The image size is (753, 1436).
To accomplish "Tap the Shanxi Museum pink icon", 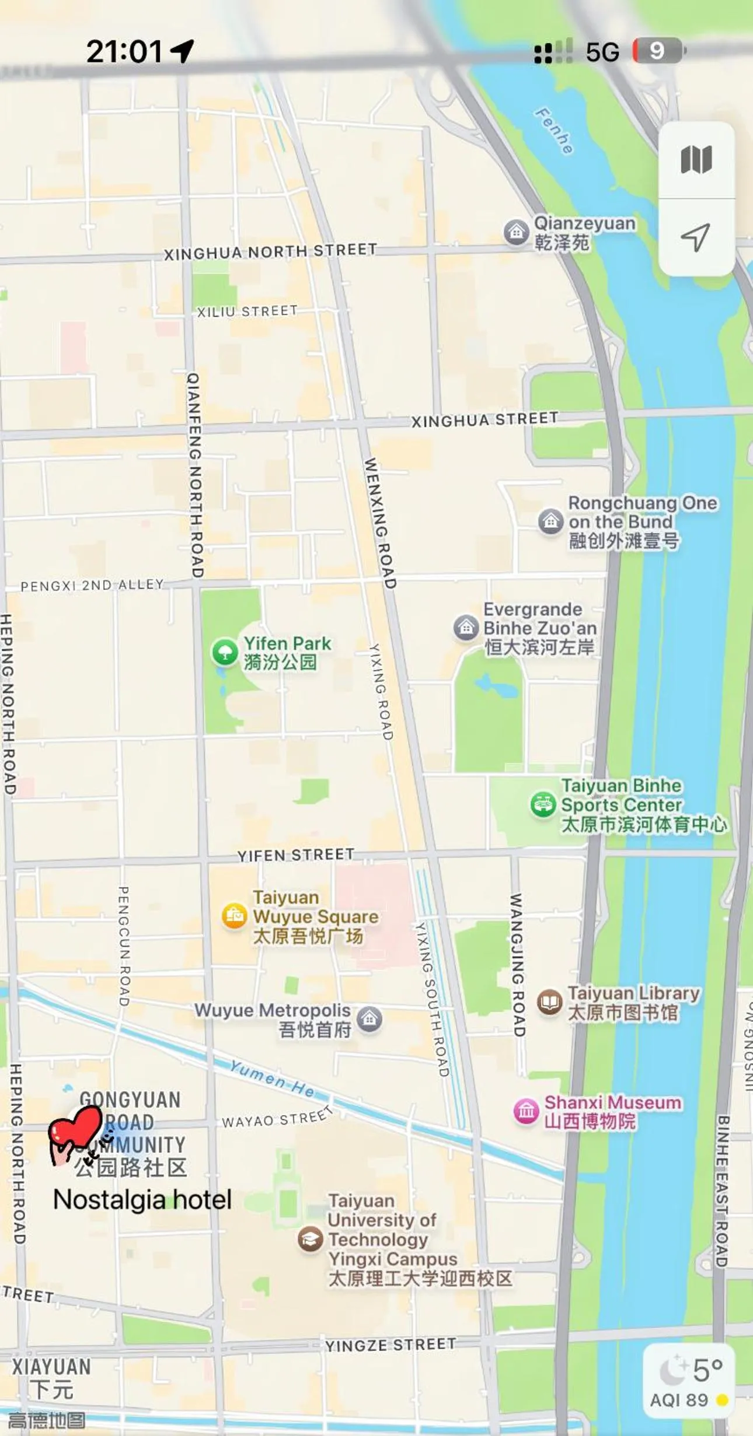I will click(x=526, y=1111).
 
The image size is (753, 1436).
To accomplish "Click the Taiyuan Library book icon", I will click(x=549, y=1002).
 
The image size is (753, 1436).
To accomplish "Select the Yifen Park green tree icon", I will click(x=225, y=652).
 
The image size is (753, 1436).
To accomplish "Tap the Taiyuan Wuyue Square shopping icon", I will click(x=234, y=916).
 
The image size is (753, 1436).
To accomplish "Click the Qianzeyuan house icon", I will click(x=516, y=232).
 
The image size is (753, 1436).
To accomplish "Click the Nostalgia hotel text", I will click(x=142, y=1200).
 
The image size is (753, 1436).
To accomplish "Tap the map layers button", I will click(x=696, y=160).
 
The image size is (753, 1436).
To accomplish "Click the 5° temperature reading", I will click(x=707, y=1371).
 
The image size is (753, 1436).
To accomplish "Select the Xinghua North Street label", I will click(x=270, y=251).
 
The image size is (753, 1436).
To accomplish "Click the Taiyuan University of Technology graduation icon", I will click(x=311, y=1239).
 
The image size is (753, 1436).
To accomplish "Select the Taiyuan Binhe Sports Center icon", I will click(x=543, y=804).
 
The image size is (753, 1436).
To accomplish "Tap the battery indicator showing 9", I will click(x=658, y=51).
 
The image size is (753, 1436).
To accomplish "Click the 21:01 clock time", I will click(x=124, y=51).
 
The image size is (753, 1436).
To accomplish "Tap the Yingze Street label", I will click(x=390, y=1345).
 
